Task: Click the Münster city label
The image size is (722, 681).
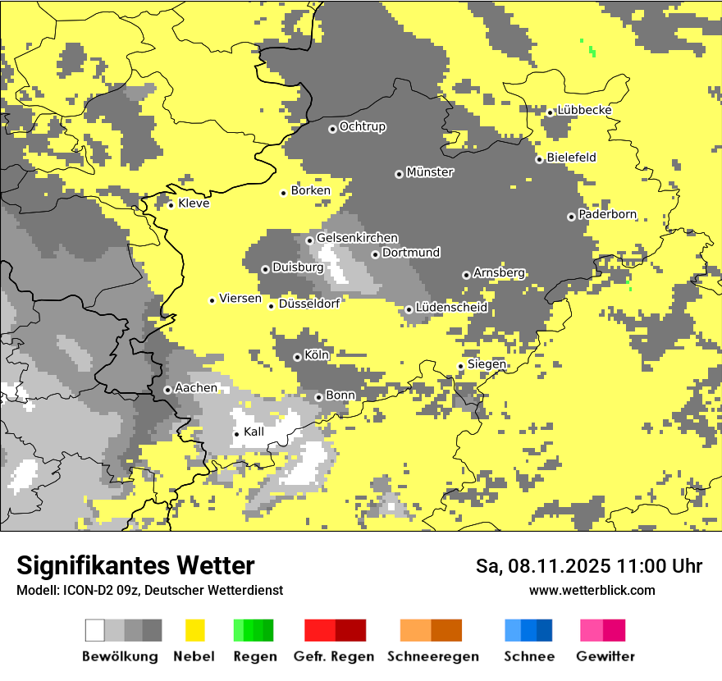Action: click(430, 172)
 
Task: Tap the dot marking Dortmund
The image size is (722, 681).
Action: click(375, 254)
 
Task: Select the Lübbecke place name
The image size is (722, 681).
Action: click(584, 111)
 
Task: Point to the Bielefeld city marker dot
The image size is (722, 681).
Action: click(539, 159)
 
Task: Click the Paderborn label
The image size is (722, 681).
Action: click(607, 214)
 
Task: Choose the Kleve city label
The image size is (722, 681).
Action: click(194, 203)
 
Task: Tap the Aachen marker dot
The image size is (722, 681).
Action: click(167, 390)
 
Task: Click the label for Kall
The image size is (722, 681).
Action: click(254, 432)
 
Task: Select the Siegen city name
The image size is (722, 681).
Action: click(487, 364)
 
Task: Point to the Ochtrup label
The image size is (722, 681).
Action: click(363, 127)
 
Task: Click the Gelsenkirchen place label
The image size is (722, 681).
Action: click(357, 238)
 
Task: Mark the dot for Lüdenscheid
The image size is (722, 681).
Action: click(409, 309)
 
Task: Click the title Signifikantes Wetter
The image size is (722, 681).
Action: click(135, 565)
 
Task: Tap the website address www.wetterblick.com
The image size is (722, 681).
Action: click(592, 590)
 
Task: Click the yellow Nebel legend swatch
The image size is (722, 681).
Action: click(195, 630)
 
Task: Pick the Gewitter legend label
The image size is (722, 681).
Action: click(605, 656)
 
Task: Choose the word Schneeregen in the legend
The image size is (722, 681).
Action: click(433, 656)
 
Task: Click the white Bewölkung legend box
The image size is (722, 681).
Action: click(95, 630)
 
